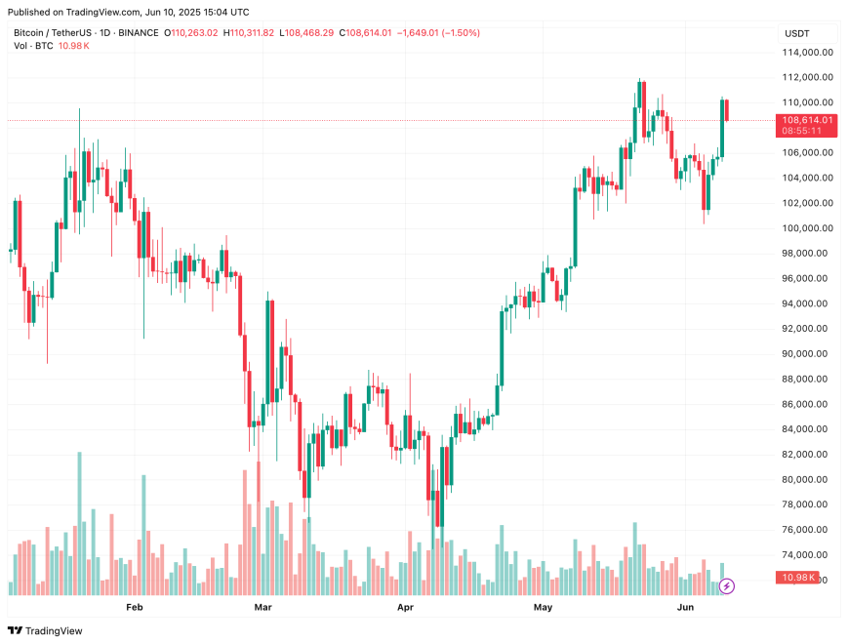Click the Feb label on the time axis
point(135,607)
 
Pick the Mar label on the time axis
point(262,607)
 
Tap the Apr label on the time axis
point(407,607)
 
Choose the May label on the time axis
point(544,607)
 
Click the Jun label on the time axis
point(686,607)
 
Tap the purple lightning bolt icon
point(727,586)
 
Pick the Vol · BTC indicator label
point(33,47)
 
